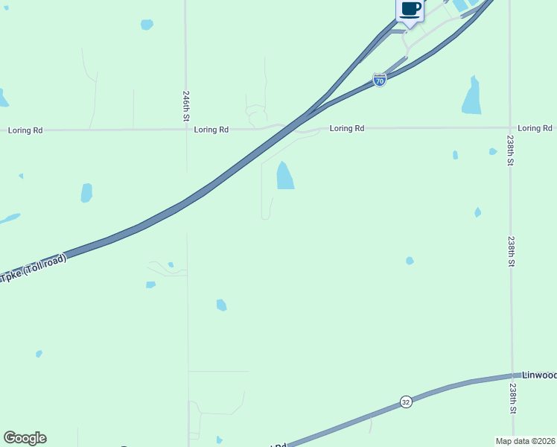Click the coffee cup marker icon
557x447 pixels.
coord(410,10)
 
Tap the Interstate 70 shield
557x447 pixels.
coord(380,80)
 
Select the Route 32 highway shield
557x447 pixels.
coord(405,401)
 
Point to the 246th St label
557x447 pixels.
coord(186,107)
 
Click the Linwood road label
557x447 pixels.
coord(538,375)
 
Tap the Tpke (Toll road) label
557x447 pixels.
coord(34,268)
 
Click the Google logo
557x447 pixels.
coord(25,438)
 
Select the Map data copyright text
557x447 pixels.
coord(525,440)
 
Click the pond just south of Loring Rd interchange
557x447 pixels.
coord(285,176)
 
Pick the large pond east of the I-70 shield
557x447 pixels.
coord(471,97)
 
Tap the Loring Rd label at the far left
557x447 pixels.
coord(25,130)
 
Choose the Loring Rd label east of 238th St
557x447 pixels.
coord(535,128)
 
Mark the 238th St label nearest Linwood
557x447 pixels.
coord(512,399)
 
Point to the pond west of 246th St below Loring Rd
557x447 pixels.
coord(86,193)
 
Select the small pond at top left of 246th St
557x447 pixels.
coord(147,25)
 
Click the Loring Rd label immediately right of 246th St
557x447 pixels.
coord(211,130)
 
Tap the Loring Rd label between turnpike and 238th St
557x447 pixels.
coord(347,128)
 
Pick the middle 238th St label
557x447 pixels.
coord(511,252)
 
